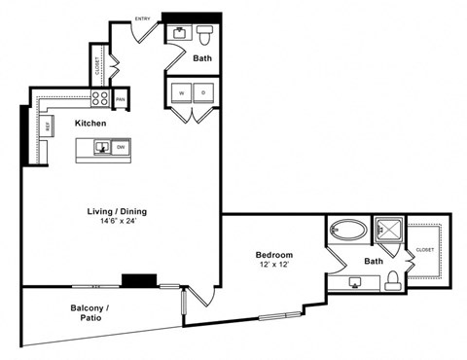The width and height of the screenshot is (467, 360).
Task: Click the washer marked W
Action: click(181, 93)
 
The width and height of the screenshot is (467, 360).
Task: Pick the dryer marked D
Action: click(204, 93)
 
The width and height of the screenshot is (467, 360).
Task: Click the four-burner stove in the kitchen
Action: click(100, 97)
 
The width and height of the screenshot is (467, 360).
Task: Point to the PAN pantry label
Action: click(121, 99)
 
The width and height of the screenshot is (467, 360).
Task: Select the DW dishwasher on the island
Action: click(122, 148)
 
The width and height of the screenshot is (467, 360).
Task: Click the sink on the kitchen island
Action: click(101, 148)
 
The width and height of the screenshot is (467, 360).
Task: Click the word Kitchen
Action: click(90, 124)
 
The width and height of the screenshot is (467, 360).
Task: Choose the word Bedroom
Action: click(275, 254)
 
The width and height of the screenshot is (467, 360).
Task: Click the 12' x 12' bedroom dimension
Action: click(275, 266)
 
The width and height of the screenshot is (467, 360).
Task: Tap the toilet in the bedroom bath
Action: click(391, 281)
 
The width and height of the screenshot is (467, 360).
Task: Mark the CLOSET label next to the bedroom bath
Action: click(425, 249)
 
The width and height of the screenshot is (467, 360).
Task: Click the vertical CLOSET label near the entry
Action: click(98, 66)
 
